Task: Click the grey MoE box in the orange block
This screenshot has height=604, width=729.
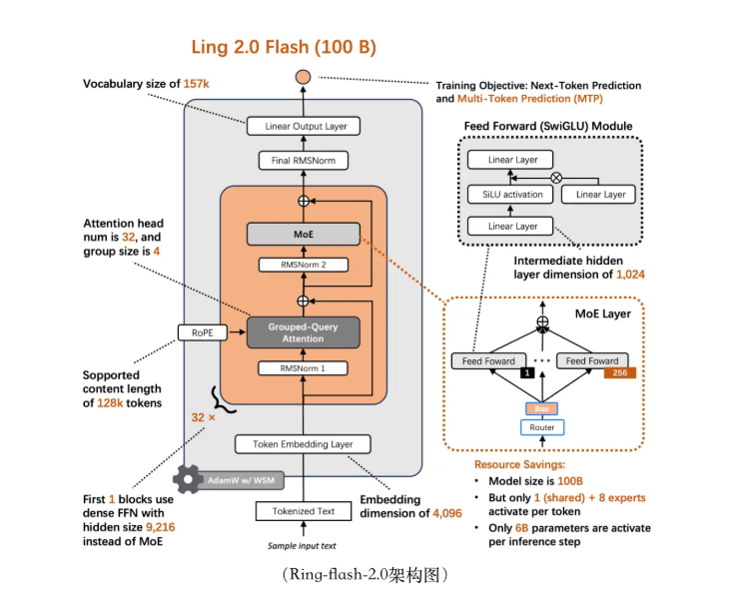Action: [302, 235]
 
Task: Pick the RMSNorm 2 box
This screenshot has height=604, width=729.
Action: [302, 266]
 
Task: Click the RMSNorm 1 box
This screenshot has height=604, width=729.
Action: [303, 368]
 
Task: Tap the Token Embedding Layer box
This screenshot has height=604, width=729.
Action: [294, 444]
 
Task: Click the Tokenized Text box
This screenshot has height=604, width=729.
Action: [304, 511]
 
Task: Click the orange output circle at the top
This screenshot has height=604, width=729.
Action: [304, 77]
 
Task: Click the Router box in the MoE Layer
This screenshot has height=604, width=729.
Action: [542, 427]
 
